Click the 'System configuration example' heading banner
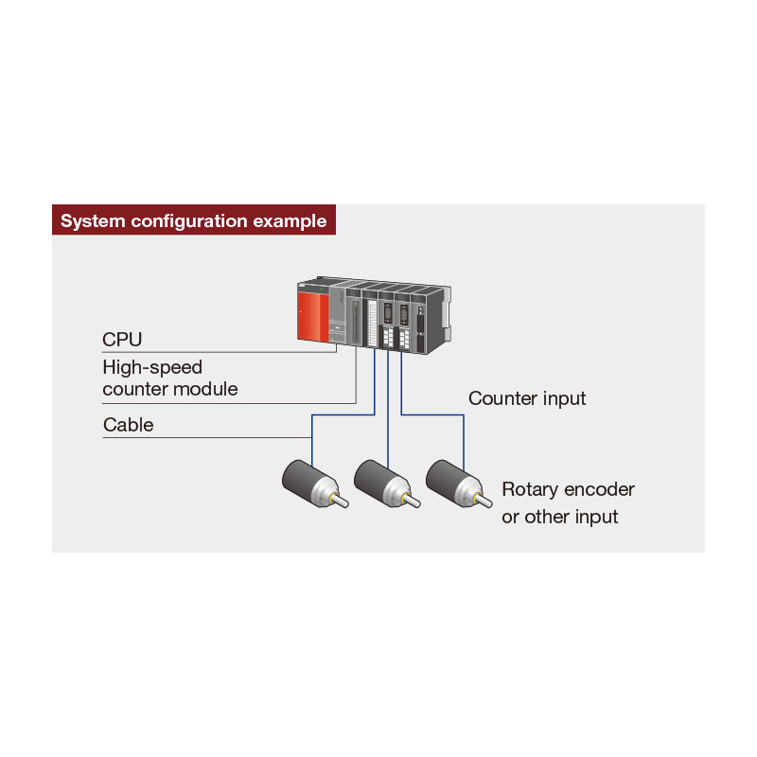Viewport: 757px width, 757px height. click(x=194, y=221)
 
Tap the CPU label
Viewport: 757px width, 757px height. click(x=122, y=340)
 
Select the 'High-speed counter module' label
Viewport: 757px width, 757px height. click(x=170, y=378)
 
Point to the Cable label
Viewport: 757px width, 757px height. click(x=128, y=425)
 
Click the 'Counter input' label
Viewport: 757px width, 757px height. click(x=527, y=398)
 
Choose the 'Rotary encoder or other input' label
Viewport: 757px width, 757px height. click(x=568, y=503)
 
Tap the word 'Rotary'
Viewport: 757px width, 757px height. click(x=530, y=489)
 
